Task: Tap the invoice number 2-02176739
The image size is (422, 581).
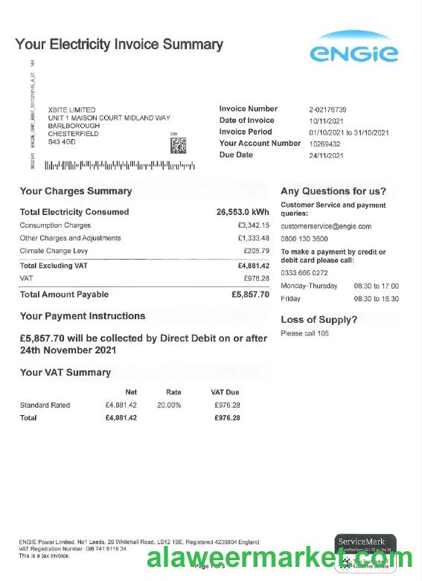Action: point(327,109)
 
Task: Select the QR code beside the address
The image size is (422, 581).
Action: point(179,146)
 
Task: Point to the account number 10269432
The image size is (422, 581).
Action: point(325,144)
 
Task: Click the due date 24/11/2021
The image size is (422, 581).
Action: point(326,155)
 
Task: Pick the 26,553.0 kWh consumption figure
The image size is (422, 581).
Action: point(243,212)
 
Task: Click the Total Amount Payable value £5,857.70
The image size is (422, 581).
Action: point(250,295)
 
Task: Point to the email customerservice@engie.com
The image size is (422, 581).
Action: point(326,226)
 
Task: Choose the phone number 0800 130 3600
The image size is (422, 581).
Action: point(304,239)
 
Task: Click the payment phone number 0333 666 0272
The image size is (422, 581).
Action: point(304,273)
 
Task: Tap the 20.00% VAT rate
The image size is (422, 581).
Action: point(169,405)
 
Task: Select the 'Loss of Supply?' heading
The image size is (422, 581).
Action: point(319,320)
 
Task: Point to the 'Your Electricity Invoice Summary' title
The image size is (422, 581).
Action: point(119,45)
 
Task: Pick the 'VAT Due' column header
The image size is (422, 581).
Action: point(225,392)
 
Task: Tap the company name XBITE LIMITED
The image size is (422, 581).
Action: point(71,110)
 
